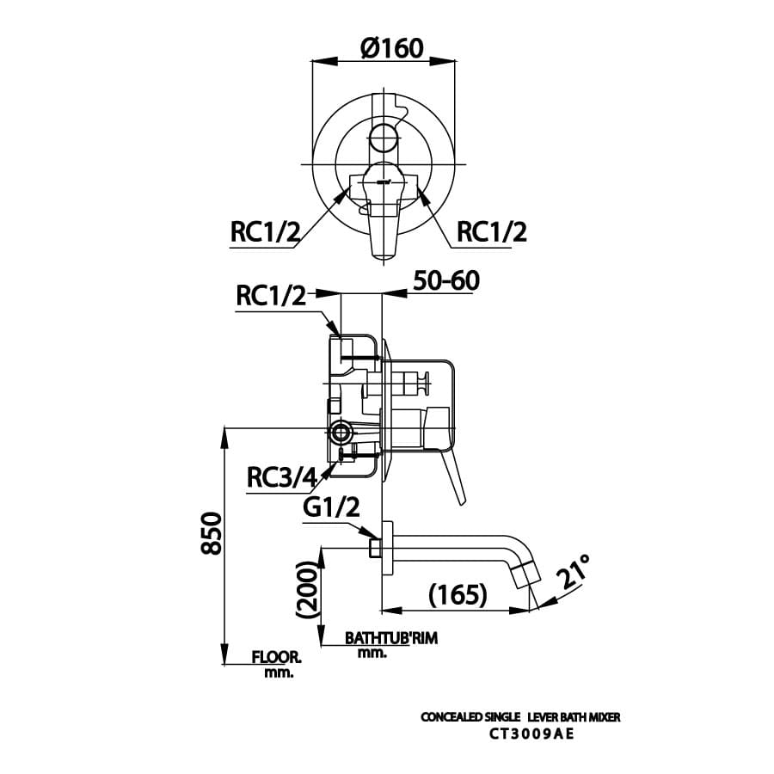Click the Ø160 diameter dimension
(x=392, y=47)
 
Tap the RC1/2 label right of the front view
(x=491, y=231)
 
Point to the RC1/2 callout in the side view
(x=272, y=297)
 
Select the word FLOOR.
(x=276, y=658)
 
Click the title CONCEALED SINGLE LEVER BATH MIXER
(x=519, y=716)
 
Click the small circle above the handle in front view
(x=384, y=136)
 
